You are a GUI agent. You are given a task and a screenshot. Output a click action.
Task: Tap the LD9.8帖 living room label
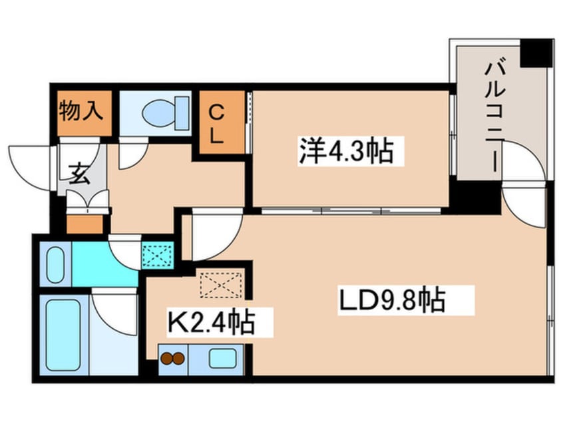point(392,299)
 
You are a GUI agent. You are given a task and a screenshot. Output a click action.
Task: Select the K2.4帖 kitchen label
point(212,321)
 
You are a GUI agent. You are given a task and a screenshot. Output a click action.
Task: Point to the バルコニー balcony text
point(495,116)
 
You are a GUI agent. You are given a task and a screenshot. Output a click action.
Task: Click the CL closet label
point(216,124)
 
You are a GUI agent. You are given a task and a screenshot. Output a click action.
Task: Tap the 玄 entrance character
point(79,174)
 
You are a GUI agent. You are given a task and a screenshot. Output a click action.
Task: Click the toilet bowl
point(166,113)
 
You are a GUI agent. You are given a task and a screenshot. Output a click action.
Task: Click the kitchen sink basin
point(223,358)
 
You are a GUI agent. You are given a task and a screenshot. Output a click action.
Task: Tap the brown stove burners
point(173,358)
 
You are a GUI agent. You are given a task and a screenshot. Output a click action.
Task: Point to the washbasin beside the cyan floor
point(55,265)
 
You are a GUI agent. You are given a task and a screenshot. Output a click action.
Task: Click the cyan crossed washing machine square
point(158,255)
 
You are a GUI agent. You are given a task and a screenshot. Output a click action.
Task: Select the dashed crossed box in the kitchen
point(221,285)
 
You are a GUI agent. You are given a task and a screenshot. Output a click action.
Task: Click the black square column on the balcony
point(536,53)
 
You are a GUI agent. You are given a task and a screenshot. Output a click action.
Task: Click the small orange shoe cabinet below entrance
point(85,224)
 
